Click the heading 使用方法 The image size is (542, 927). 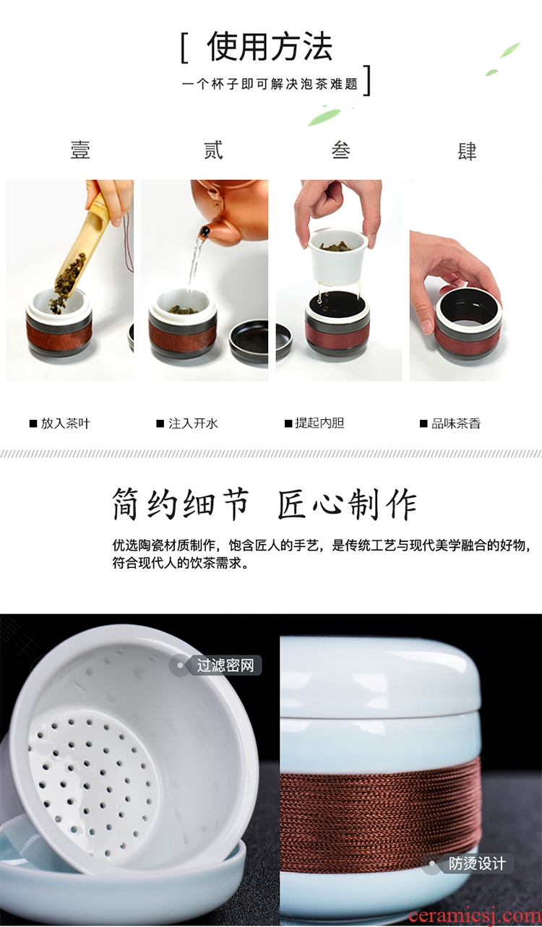[x=269, y=46]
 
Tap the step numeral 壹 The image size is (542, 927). [x=80, y=150]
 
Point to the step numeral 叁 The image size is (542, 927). [x=341, y=150]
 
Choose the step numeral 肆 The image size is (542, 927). [x=467, y=150]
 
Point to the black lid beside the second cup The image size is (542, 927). [x=249, y=342]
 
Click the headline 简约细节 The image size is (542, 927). [x=181, y=504]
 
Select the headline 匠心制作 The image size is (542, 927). [x=347, y=504]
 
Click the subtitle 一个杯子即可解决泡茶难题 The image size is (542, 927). [x=270, y=85]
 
